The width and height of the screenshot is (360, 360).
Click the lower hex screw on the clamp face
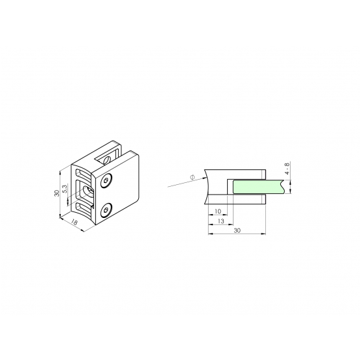(106, 210)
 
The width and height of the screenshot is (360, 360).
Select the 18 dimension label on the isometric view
(74, 222)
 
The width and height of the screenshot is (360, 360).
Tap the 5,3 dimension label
(65, 189)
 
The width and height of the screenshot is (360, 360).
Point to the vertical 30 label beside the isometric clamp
(56, 193)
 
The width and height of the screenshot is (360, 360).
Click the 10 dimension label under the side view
(218, 211)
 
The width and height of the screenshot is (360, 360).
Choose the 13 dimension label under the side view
(221, 221)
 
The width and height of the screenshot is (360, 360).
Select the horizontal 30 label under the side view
(237, 230)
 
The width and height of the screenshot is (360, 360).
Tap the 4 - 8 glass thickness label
(287, 168)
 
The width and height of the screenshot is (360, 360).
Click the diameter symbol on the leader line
(193, 177)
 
